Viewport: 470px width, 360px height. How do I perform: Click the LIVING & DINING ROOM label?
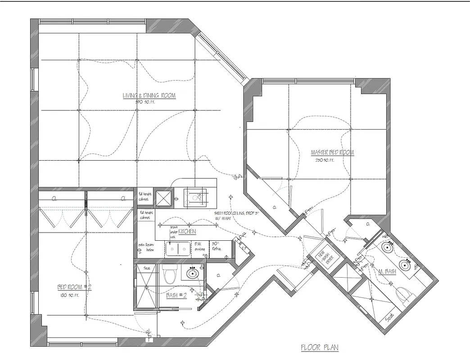pos(149,95)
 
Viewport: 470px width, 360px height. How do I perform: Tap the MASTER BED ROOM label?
pos(332,153)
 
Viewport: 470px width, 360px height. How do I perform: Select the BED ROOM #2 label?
pos(74,287)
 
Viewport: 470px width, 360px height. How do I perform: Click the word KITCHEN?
pos(186,231)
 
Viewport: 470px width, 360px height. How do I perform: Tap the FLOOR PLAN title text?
pos(319,348)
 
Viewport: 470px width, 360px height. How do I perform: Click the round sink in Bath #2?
pos(192,273)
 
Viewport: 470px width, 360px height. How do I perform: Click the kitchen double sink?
pos(178,248)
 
